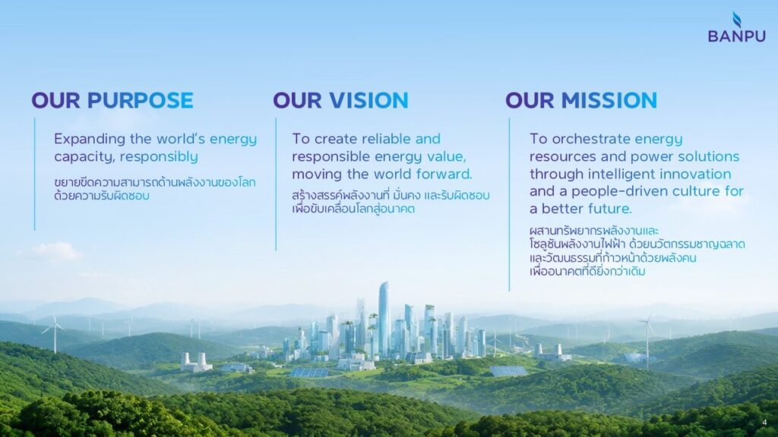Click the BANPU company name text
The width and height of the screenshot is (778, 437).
(x=736, y=36)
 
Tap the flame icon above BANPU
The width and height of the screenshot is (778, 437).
(x=737, y=19)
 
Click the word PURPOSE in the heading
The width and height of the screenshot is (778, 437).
(x=141, y=100)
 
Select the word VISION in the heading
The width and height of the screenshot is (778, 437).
(x=368, y=100)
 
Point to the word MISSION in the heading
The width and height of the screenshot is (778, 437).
(x=609, y=100)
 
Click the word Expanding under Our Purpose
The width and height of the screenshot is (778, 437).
(x=90, y=140)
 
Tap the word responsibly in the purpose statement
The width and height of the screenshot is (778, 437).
(x=160, y=157)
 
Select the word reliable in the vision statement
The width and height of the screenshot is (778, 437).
(x=387, y=139)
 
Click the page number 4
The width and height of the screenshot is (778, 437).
(x=764, y=422)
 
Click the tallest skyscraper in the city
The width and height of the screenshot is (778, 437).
(x=384, y=319)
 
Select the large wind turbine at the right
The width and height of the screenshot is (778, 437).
(x=647, y=342)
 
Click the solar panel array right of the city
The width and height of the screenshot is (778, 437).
(x=508, y=370)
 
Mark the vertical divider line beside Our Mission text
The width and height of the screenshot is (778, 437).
(x=509, y=204)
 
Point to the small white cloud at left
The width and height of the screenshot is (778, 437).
(x=55, y=251)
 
